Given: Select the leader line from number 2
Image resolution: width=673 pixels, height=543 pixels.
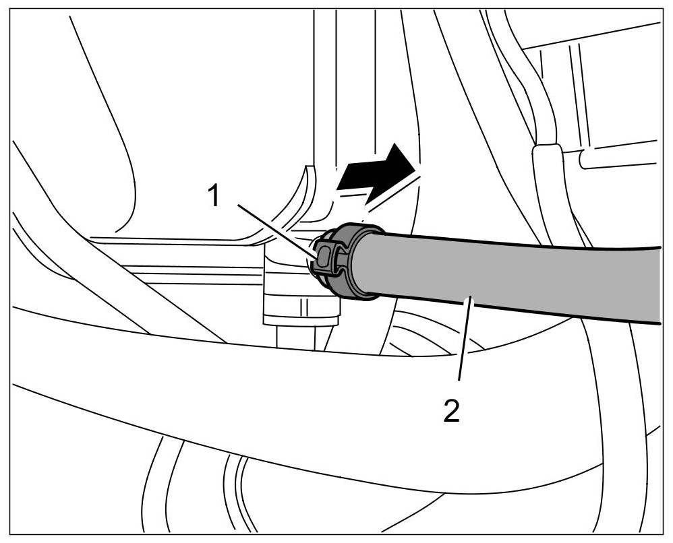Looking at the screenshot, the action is pos(465,344).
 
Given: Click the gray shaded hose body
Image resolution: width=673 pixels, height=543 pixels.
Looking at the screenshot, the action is pos(513,276).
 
